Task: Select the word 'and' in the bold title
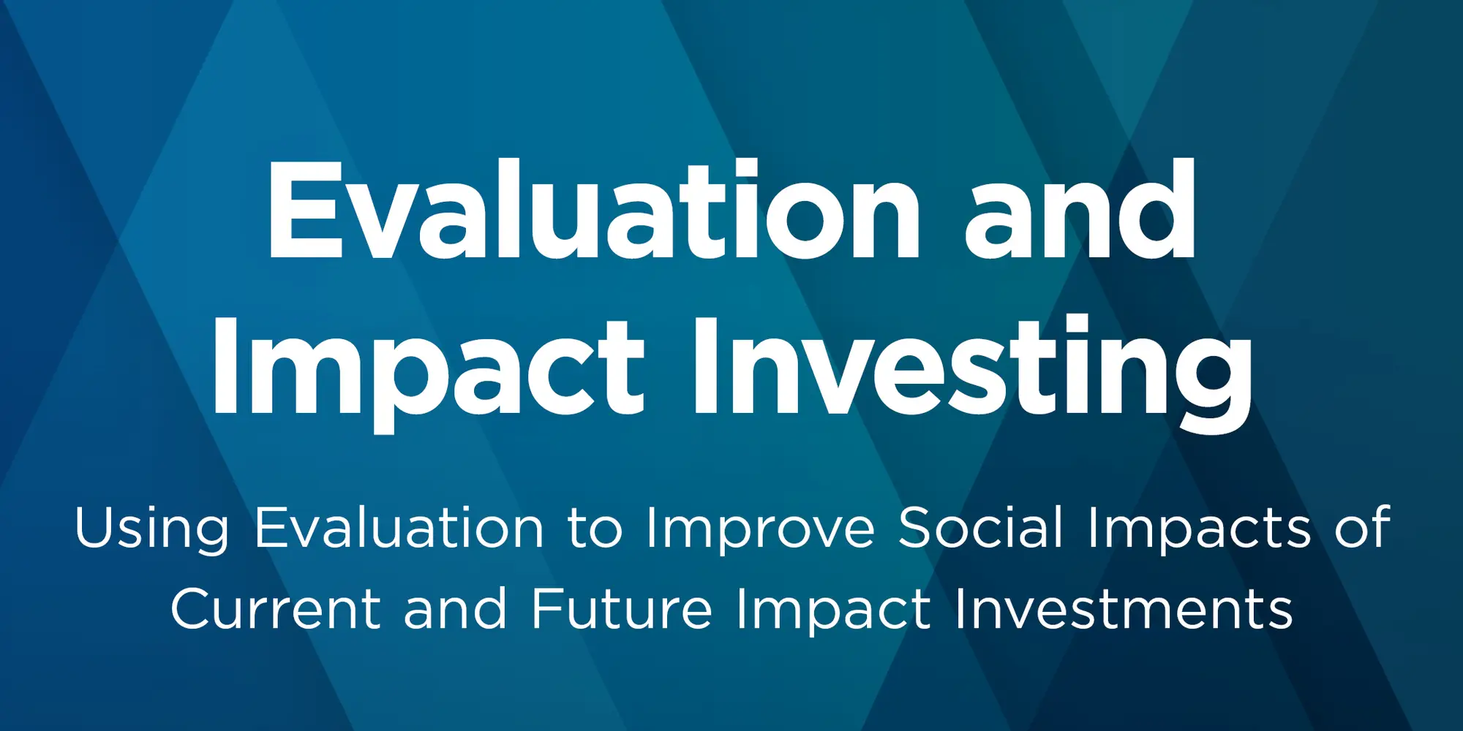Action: point(1080,210)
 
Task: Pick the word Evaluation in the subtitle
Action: point(399,527)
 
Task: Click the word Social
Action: point(981,527)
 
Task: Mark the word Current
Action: point(276,608)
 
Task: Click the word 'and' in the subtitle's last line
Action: point(455,608)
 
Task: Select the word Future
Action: point(622,608)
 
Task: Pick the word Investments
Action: point(1124,608)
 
